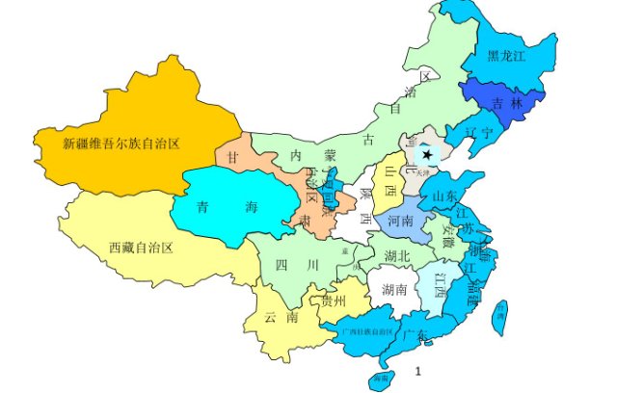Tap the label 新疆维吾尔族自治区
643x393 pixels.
pos(121,144)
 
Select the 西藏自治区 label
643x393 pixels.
pos(140,248)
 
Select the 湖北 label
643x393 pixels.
pos(397,256)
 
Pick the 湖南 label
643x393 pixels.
pos(394,289)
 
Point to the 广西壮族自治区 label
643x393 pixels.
pos(368,330)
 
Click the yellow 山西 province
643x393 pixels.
pos(388,178)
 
